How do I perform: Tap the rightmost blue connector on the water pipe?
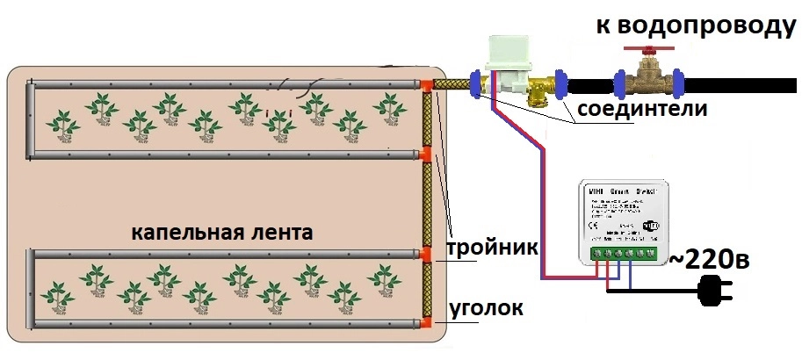pyautogui.click(x=676, y=84)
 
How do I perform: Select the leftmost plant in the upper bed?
pyautogui.click(x=61, y=120)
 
